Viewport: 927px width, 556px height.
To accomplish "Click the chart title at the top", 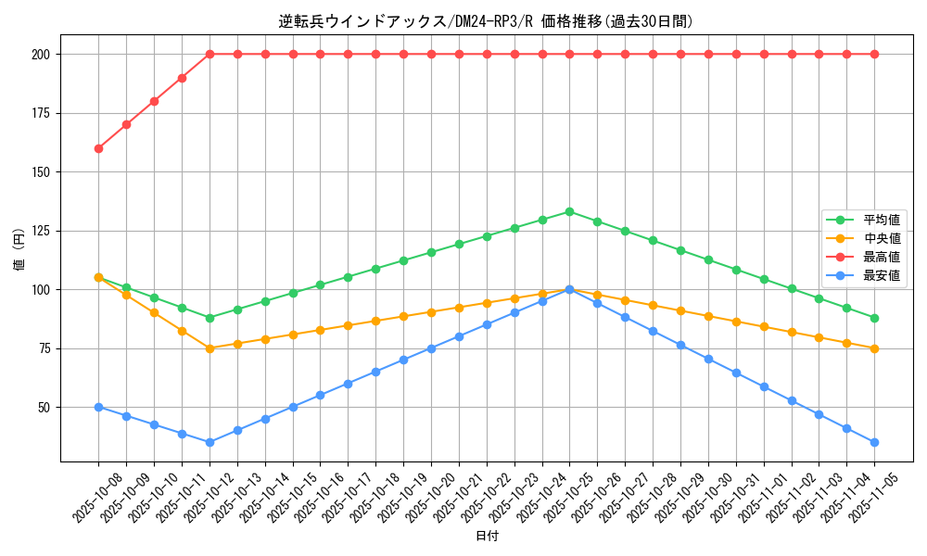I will pos(486,21).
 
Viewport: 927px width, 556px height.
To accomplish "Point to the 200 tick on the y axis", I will pos(41,55).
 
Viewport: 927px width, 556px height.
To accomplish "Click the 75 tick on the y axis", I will pos(44,348).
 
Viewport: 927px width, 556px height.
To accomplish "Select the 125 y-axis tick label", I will pos(41,231).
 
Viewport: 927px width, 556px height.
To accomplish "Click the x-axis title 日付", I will pos(487,537).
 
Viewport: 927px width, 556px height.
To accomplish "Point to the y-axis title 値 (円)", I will pos(19,249).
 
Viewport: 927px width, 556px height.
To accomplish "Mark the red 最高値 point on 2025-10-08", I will pos(98,148).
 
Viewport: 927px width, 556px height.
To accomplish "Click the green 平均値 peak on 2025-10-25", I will pos(569,211).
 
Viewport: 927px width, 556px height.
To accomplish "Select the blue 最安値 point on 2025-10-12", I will pos(210,442).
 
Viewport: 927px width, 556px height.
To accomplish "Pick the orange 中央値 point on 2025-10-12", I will pos(210,348).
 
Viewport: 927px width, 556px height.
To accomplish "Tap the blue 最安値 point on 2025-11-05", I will pos(874,442).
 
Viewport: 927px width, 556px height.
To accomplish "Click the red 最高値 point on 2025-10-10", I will pos(154,101).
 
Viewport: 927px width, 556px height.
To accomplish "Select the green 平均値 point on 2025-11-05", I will pos(874,318).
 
